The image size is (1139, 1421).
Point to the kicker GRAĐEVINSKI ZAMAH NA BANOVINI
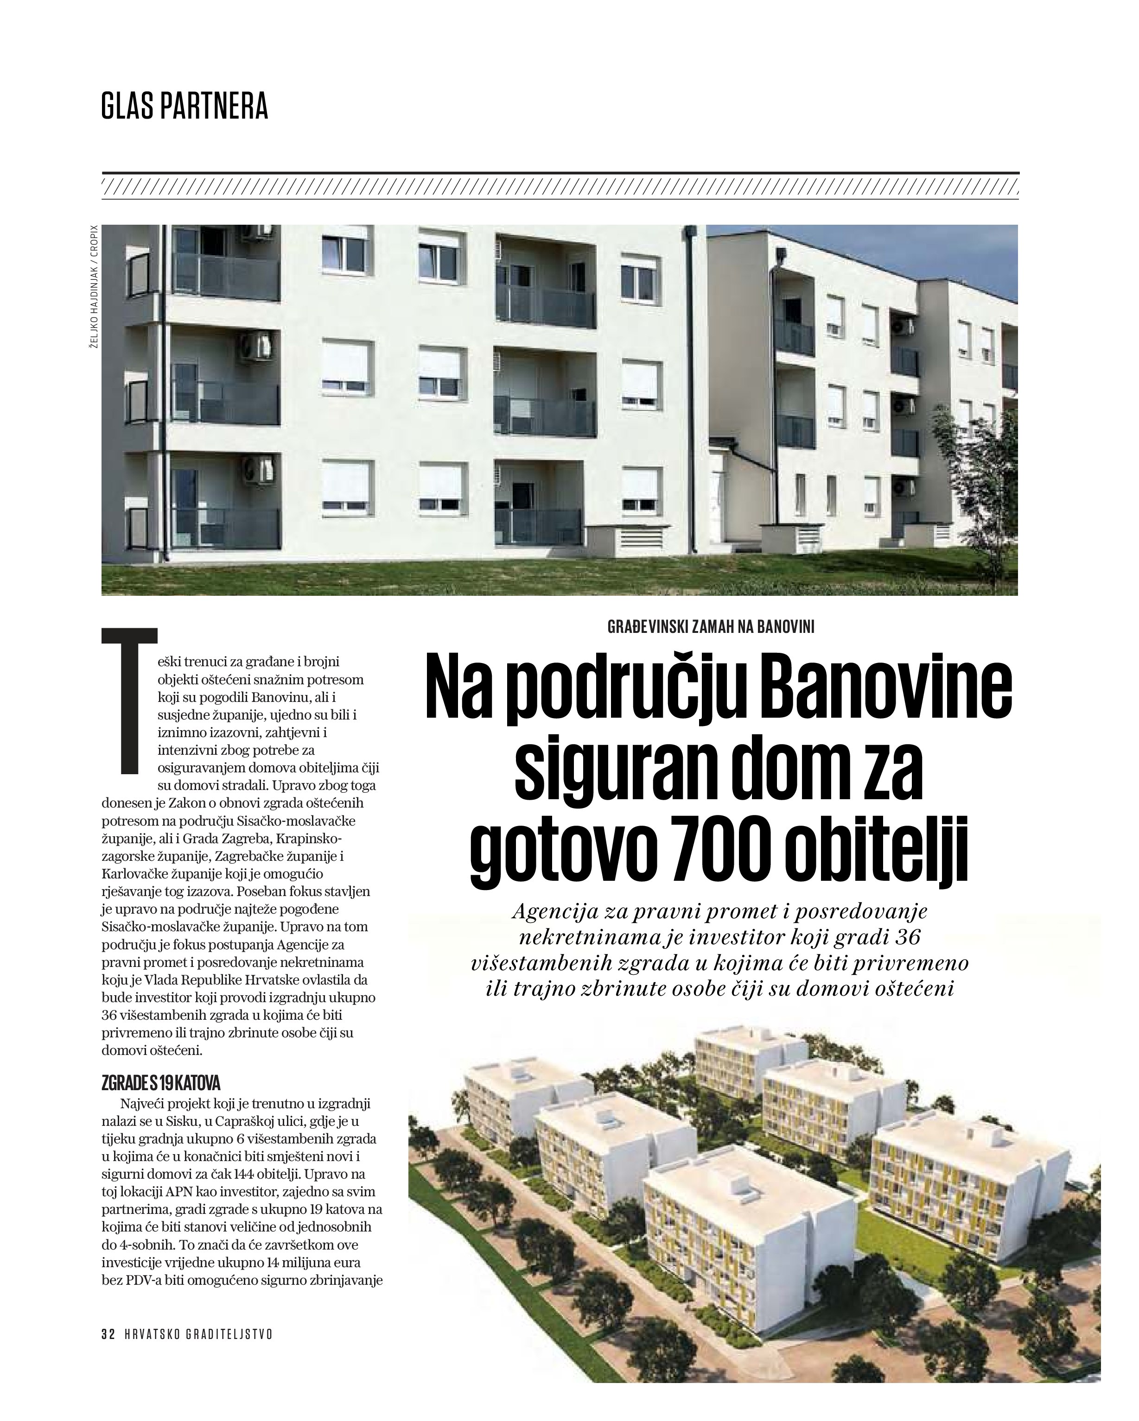pos(710,627)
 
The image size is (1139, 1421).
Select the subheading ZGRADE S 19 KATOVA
pos(161,1084)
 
